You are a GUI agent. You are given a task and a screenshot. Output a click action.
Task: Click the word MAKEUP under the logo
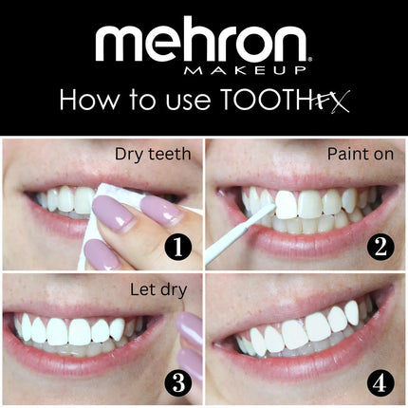(x=269, y=70)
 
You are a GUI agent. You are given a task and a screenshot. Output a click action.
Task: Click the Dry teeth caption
(x=152, y=152)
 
